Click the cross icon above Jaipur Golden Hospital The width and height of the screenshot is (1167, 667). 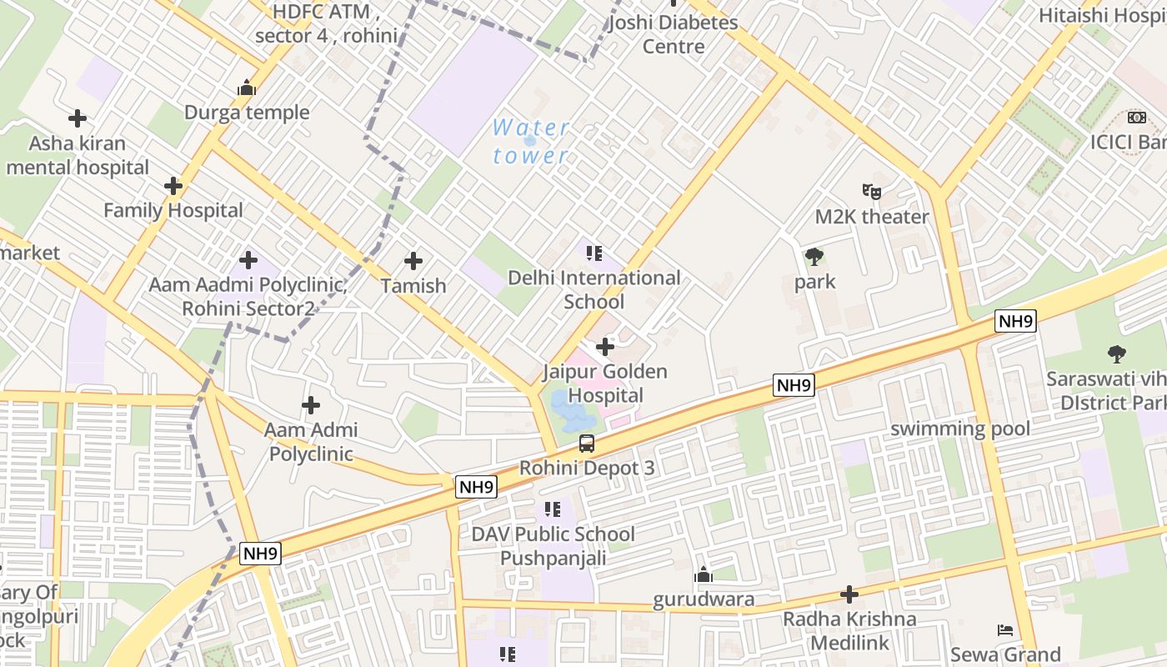pos(605,347)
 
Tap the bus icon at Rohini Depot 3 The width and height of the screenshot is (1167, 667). pos(587,444)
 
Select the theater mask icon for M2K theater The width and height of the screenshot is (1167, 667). pos(872,192)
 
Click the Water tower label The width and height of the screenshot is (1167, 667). pos(531,142)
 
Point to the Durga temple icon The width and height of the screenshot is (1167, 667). pos(246,88)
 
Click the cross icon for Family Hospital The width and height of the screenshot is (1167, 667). pos(173,186)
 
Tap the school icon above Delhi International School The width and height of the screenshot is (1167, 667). pos(594,253)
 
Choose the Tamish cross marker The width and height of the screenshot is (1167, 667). pos(413,261)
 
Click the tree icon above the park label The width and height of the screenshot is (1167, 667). pos(814,257)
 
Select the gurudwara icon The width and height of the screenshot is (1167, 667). pos(704,574)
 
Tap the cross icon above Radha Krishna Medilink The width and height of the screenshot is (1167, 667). pos(849,594)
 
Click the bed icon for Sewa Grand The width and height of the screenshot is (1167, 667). pos(1005,629)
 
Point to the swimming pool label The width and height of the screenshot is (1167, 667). pos(960,429)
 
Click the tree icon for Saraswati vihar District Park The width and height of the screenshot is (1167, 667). pos(1117,354)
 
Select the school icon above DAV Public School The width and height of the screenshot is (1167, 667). pos(552,509)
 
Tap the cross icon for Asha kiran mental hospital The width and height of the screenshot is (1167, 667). pos(78,118)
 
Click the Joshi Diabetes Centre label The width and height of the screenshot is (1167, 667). pos(674,34)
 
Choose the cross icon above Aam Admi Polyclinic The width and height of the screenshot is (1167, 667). pos(311,406)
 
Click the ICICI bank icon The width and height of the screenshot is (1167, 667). pos(1136,118)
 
